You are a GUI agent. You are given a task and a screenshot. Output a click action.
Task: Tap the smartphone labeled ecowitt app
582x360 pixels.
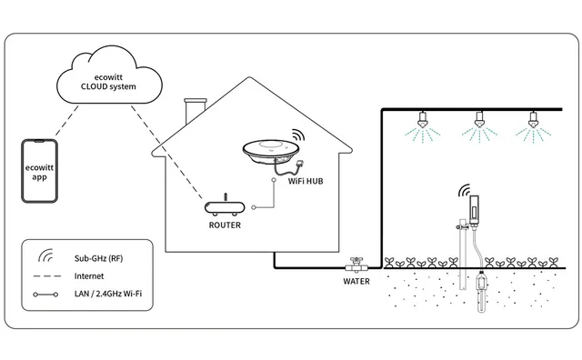click(x=39, y=171)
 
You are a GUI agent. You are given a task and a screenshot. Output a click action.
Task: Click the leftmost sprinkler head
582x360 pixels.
click(x=421, y=119)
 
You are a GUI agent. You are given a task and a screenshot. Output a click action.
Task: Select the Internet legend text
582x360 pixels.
click(x=88, y=276)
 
